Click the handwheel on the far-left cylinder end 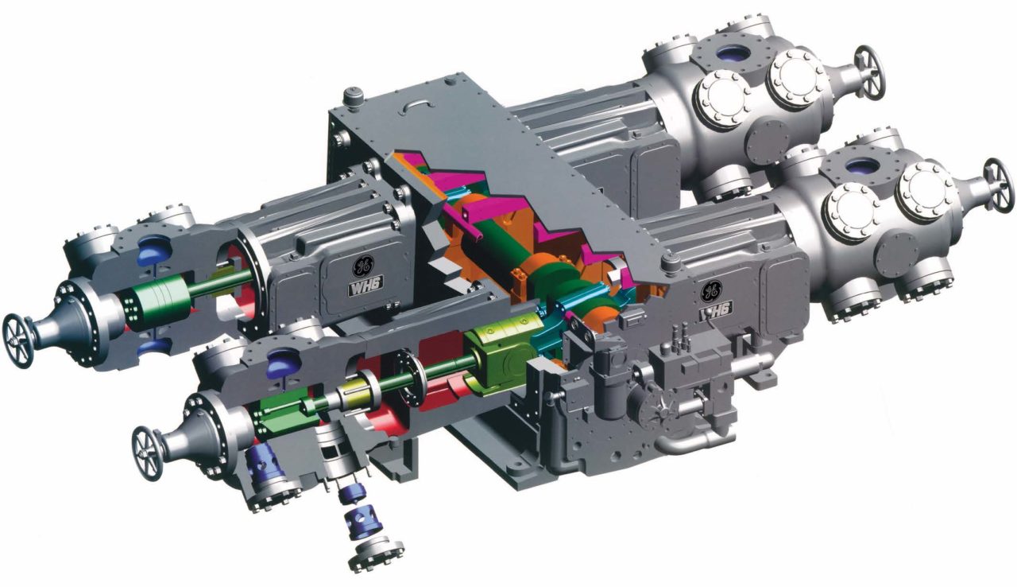tap(17, 340)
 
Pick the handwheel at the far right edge tap(999, 185)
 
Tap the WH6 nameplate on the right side tap(715, 311)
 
